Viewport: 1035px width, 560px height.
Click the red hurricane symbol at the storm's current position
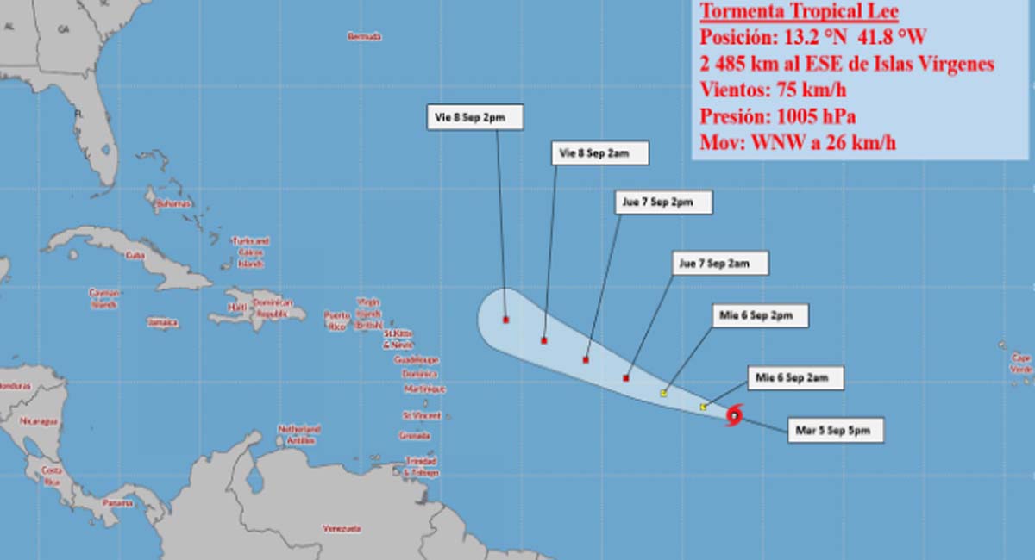point(733,416)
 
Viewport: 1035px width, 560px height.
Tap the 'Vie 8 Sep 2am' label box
point(599,153)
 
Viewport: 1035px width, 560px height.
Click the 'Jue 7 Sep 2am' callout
point(720,264)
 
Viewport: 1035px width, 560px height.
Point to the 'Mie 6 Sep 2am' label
point(793,377)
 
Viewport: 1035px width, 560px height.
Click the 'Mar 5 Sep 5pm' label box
point(836,431)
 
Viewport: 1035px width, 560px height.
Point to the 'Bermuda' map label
point(364,36)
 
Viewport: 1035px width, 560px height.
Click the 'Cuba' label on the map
point(134,255)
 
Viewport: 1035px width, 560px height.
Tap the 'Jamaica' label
point(162,323)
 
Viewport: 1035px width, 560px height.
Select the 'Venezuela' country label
point(342,528)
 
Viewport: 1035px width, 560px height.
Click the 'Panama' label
point(117,503)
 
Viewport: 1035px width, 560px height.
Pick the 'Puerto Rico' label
point(337,321)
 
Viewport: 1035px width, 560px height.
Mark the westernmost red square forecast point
point(505,320)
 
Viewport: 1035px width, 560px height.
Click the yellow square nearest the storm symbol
point(704,407)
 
